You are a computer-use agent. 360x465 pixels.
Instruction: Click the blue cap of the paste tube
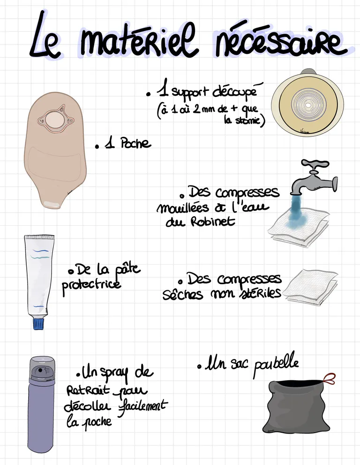coord(38,324)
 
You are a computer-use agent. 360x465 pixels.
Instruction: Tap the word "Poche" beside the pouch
coord(135,144)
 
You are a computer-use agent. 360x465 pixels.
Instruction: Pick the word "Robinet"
coord(212,221)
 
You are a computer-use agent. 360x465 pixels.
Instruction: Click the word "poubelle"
coord(276,364)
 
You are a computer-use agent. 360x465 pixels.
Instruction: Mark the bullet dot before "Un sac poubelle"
coord(199,367)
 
